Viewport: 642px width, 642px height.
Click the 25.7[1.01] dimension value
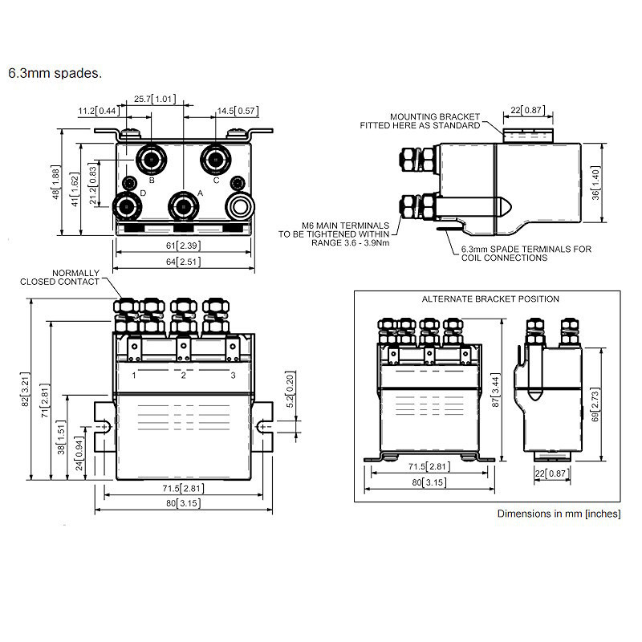[x=154, y=98]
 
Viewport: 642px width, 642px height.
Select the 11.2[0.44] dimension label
[x=98, y=110]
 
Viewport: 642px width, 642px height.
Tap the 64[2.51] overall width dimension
[x=185, y=262]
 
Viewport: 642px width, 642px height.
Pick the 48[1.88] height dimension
[x=56, y=184]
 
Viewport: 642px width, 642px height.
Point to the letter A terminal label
[x=200, y=193]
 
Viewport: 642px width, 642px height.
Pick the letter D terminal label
[x=143, y=193]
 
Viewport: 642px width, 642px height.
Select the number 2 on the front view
[x=183, y=375]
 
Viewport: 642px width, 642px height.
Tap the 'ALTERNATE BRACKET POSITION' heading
[x=490, y=299]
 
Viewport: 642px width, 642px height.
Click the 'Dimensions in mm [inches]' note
[x=559, y=514]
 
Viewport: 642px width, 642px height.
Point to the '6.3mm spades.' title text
[x=55, y=73]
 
